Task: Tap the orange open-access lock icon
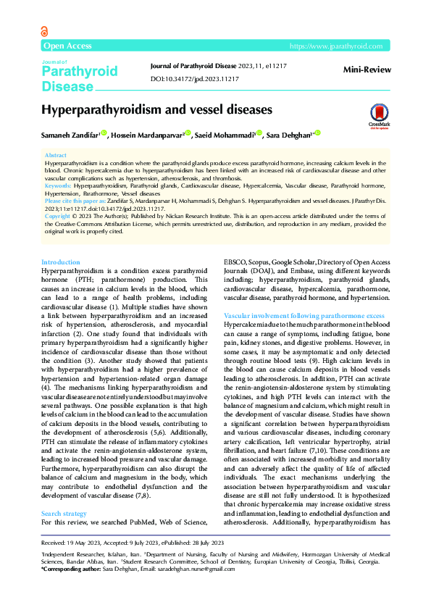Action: click(x=45, y=31)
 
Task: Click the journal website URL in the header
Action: click(x=335, y=46)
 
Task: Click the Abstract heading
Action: click(x=56, y=156)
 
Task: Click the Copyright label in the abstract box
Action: click(x=58, y=217)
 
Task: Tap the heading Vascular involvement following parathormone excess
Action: click(x=304, y=317)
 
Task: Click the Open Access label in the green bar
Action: click(x=67, y=46)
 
